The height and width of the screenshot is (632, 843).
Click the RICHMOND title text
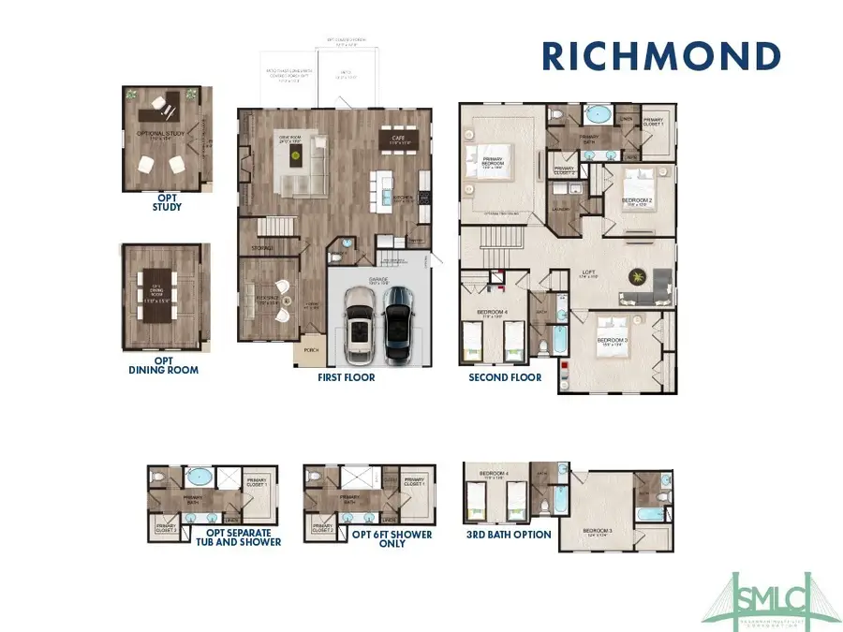point(661,55)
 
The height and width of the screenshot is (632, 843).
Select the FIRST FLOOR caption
point(346,377)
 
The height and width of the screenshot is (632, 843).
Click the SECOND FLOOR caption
point(505,377)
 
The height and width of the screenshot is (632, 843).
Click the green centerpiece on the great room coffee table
point(294,155)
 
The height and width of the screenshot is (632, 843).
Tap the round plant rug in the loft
point(637,276)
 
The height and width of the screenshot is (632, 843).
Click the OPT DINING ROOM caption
point(163,364)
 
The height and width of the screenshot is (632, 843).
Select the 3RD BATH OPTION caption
point(509,535)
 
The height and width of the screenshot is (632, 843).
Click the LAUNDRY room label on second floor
point(562,211)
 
